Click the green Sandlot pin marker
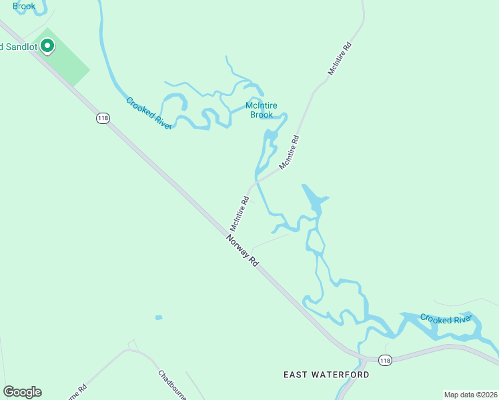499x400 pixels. click(x=47, y=46)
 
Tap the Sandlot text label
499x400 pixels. click(x=20, y=47)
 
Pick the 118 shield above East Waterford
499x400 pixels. click(x=384, y=360)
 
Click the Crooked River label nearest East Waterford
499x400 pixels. click(x=446, y=319)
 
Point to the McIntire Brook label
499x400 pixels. click(x=262, y=110)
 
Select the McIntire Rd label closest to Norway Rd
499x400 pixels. click(x=239, y=213)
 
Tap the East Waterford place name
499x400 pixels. click(x=326, y=375)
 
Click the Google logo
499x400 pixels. click(x=22, y=392)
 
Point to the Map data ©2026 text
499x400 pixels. click(x=470, y=394)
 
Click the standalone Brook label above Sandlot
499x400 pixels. click(x=23, y=6)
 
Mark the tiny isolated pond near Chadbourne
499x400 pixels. click(x=158, y=317)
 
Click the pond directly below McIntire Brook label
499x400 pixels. click(x=271, y=139)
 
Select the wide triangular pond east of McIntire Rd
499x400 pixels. click(x=315, y=200)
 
